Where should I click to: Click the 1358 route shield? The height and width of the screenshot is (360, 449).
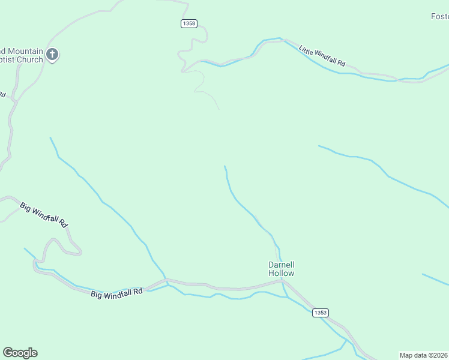coord(188,23)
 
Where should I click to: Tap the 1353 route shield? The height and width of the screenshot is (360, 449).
coord(321,313)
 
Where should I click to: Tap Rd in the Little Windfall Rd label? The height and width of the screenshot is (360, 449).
coord(342,63)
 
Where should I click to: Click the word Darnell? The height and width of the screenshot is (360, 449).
coord(281,265)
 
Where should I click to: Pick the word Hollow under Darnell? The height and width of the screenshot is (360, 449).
coord(281,273)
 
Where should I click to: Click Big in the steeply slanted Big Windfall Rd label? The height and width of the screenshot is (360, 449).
coord(26,207)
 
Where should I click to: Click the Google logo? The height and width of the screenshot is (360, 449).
coord(20,353)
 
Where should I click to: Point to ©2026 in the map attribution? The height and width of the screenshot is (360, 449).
coord(438,355)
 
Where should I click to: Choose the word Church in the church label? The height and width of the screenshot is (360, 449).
coord(29,59)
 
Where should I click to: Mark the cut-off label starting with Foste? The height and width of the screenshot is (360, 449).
coord(439,16)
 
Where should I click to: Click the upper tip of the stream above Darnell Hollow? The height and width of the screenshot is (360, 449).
coord(224,166)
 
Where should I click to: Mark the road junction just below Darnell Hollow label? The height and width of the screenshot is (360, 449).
coord(285,282)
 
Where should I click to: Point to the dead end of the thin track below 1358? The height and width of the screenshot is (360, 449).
coord(218,109)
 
